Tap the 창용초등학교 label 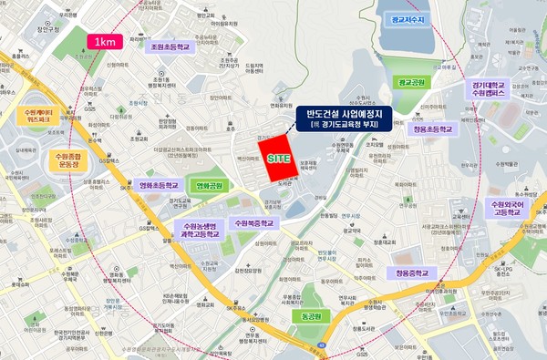click(x=431, y=130)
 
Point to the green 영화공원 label click(x=210, y=186)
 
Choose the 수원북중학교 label click(x=253, y=222)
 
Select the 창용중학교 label click(x=415, y=272)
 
